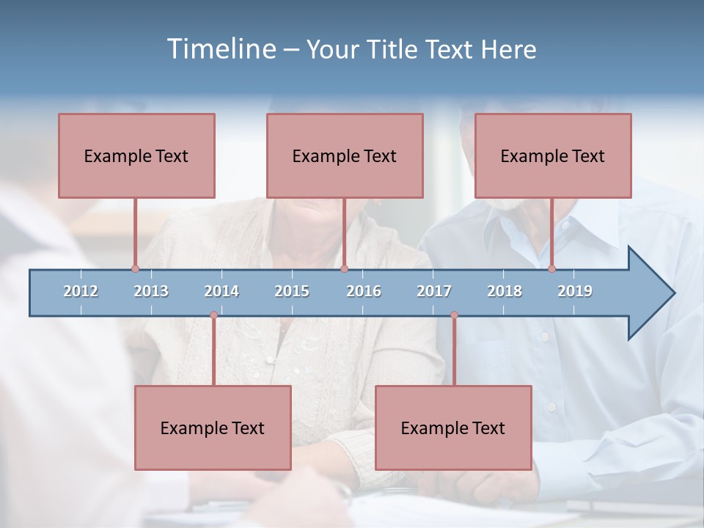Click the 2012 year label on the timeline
[81, 291]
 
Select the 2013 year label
[151, 291]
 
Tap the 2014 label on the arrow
[221, 291]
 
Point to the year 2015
[292, 291]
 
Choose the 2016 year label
[364, 291]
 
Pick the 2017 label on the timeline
[434, 291]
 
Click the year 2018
[505, 291]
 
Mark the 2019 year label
[575, 291]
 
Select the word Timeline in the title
[221, 49]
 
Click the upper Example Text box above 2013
[136, 155]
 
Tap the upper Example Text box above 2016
[345, 155]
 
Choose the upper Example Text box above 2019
[553, 155]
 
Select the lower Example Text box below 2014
[213, 428]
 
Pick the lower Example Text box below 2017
[453, 428]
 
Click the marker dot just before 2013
[135, 269]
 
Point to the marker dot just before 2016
[344, 269]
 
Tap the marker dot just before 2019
[552, 269]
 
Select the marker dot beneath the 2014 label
[213, 315]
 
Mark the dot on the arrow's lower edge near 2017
[454, 315]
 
